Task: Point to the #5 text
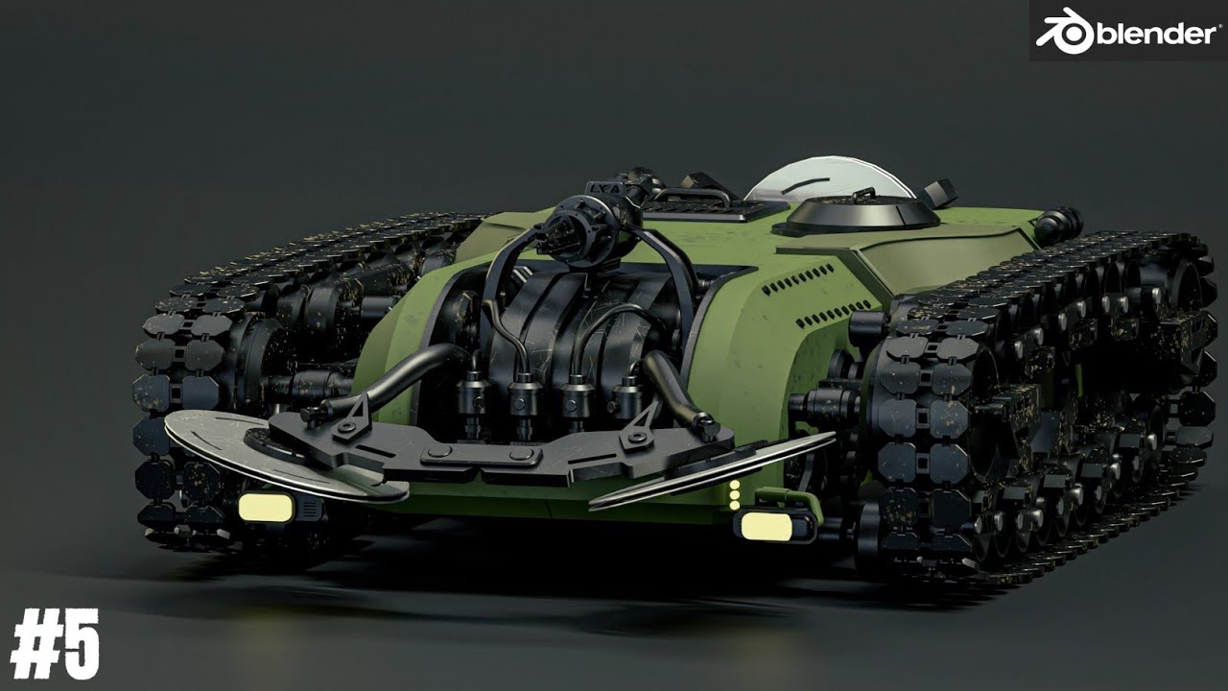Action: pyautogui.click(x=55, y=643)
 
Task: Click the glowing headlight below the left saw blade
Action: pyautogui.click(x=266, y=508)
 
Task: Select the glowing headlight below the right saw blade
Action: pyautogui.click(x=767, y=527)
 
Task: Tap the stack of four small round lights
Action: pyautogui.click(x=735, y=494)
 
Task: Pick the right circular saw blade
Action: pyautogui.click(x=712, y=470)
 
